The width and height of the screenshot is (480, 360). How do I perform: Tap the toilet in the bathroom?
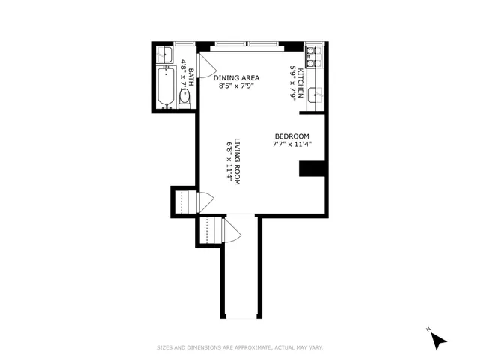click(184, 97)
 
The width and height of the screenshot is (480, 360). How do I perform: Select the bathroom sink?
click(164, 54)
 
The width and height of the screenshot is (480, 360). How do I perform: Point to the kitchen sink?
click(317, 94)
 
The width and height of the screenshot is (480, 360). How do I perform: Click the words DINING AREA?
click(238, 77)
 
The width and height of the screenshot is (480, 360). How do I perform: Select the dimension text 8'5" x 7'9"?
click(238, 86)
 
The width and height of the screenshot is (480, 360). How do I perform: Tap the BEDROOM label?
click(292, 136)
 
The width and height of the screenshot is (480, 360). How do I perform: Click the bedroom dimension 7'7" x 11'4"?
click(292, 145)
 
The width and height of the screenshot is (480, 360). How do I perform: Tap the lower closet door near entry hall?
click(232, 233)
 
